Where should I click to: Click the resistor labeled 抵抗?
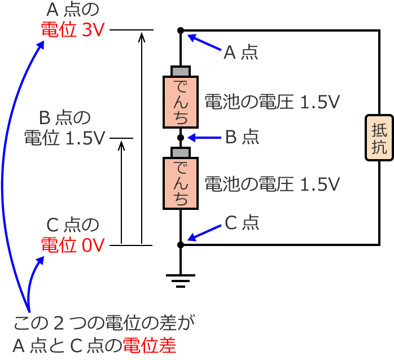pyautogui.click(x=379, y=138)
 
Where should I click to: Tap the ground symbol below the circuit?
pyautogui.click(x=181, y=280)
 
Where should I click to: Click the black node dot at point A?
pyautogui.click(x=181, y=30)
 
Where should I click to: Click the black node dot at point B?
pyautogui.click(x=181, y=137)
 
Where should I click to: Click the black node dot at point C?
pyautogui.click(x=181, y=245)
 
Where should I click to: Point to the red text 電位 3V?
pyautogui.click(x=73, y=30)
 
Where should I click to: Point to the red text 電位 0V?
pyautogui.click(x=73, y=245)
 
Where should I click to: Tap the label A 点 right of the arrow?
pyautogui.click(x=241, y=52)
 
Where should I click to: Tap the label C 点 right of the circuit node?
pyautogui.click(x=242, y=223)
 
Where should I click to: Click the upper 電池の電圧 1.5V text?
pyautogui.click(x=272, y=102)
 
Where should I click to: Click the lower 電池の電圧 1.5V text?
pyautogui.click(x=272, y=184)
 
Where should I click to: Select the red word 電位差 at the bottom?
pyautogui.click(x=150, y=344)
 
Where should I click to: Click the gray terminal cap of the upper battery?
pyautogui.click(x=181, y=71)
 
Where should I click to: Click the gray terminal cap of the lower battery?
pyautogui.click(x=181, y=153)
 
